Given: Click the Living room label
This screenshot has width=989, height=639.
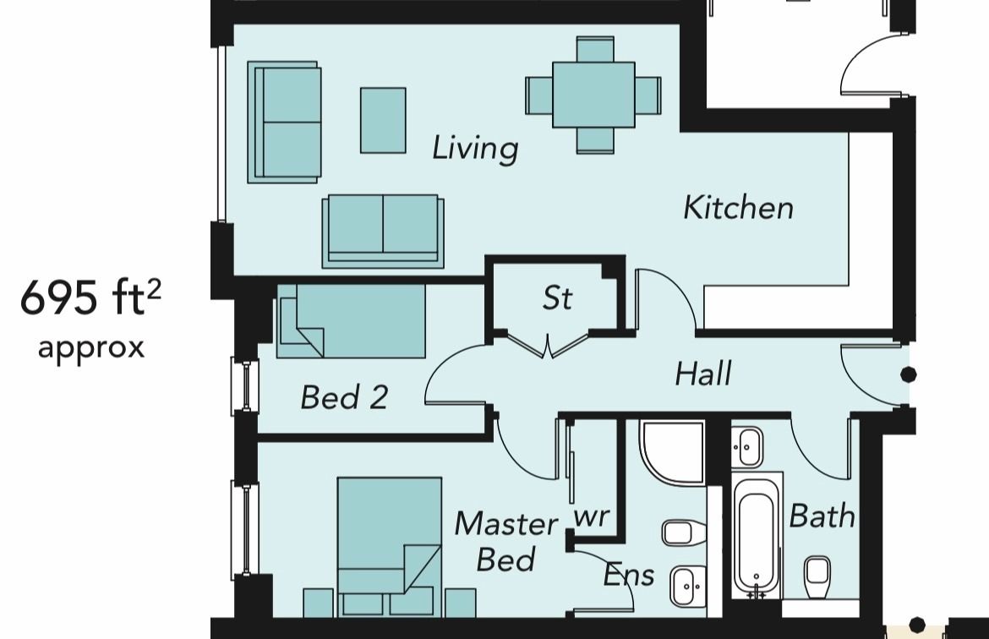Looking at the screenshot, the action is [x=475, y=149].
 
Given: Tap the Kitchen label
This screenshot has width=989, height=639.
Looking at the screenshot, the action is [x=738, y=208].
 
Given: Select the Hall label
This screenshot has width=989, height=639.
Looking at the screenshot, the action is [x=703, y=374].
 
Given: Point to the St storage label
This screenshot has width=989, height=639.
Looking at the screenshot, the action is [x=558, y=298].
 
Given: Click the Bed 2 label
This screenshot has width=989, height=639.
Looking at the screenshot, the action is [x=344, y=397].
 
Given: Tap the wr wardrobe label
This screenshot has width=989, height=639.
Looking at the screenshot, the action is [x=591, y=517].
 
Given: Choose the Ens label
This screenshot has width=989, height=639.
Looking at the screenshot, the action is [x=629, y=576].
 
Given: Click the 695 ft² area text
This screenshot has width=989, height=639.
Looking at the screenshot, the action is [x=90, y=298].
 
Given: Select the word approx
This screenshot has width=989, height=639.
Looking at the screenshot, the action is [x=91, y=348].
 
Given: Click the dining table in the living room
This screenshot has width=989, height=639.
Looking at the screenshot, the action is [x=593, y=95].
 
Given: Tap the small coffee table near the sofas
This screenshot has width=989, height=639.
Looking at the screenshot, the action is [x=383, y=120].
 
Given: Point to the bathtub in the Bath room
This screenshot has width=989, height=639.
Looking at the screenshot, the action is [x=757, y=535].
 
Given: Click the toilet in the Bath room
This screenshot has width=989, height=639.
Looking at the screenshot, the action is [x=817, y=574].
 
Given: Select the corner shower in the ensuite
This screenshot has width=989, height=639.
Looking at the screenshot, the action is [x=672, y=452].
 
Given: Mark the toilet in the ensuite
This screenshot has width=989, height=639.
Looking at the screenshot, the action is [x=683, y=533].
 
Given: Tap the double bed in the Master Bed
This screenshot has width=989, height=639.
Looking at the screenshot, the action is [x=389, y=546].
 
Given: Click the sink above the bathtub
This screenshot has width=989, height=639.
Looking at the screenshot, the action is [x=747, y=446].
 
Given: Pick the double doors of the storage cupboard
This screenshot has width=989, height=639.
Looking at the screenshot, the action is [x=548, y=344].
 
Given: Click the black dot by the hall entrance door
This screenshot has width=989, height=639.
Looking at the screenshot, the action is [x=908, y=374].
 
